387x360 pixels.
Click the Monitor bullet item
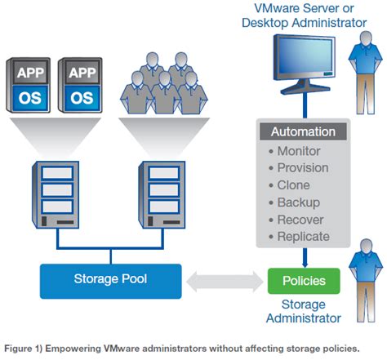[297, 150]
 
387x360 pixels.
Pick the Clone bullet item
[293, 184]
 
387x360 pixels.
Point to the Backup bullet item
[297, 202]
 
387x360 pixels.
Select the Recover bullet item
[299, 219]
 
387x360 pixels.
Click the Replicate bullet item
[301, 236]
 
